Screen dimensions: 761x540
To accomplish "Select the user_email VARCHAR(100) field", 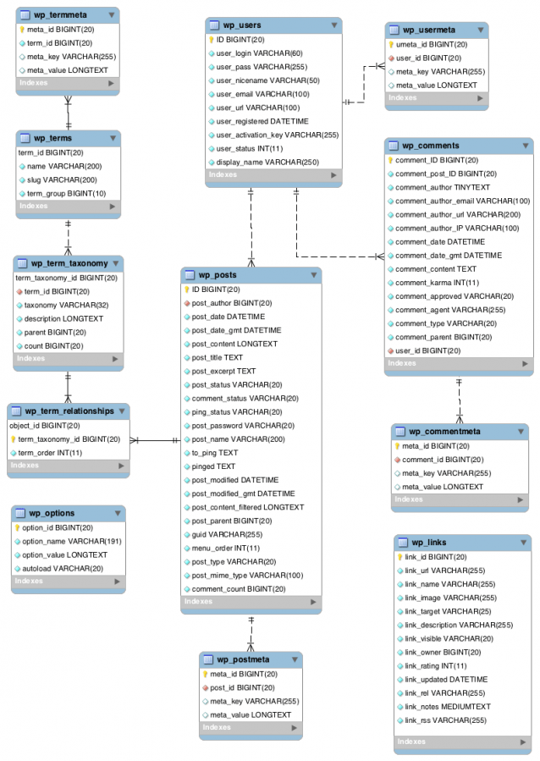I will pos(262,94).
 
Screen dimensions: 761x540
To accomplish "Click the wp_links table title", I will pos(428,542).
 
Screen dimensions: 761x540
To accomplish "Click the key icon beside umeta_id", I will pos(391,44).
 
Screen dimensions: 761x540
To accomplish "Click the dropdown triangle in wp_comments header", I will pos(525,146).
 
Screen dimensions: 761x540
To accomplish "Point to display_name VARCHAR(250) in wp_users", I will pos(267,162).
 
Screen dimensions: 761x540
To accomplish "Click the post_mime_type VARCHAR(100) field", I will pos(247,575).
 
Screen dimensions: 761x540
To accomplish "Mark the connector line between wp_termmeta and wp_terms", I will pos(69,113).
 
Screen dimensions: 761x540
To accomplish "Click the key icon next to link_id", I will pos(400,557).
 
